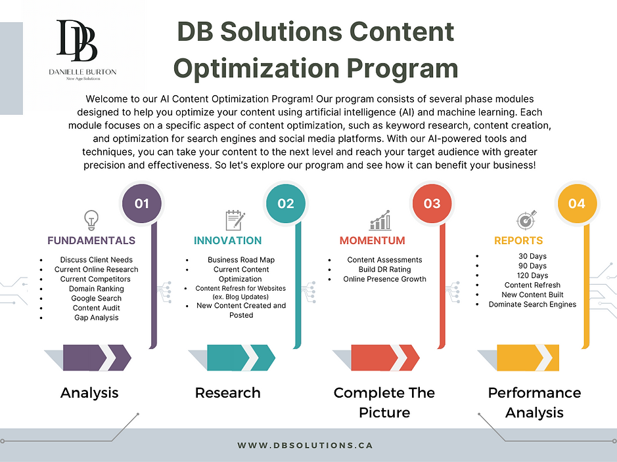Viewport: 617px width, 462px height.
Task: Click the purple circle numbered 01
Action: tap(142, 203)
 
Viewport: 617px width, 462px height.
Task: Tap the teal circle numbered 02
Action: tap(286, 203)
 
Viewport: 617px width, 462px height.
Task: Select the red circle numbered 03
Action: tap(432, 203)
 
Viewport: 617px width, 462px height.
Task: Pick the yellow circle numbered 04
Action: tap(576, 203)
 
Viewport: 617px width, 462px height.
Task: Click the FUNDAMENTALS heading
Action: tap(91, 240)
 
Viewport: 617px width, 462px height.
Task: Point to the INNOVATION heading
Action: tap(227, 240)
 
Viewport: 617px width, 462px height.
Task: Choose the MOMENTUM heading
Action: tap(372, 240)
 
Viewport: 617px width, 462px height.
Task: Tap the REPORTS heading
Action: tap(518, 240)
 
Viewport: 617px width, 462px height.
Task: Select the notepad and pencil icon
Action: tap(235, 220)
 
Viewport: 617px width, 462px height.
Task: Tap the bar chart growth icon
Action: tap(380, 220)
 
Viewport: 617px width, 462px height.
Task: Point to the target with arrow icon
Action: tap(526, 220)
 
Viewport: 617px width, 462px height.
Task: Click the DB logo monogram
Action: tap(77, 41)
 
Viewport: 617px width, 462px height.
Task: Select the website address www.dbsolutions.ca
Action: tap(305, 445)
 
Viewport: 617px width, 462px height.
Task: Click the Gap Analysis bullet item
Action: tap(97, 318)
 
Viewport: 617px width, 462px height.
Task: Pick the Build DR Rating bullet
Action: tap(384, 269)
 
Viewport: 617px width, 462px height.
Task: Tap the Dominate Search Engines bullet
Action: tap(532, 304)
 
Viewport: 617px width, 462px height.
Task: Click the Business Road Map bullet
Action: tap(241, 260)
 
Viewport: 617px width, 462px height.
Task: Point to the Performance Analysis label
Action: tap(534, 402)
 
